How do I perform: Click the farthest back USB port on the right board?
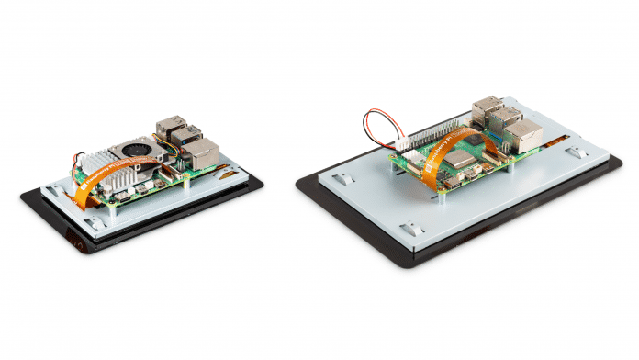(485, 107)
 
